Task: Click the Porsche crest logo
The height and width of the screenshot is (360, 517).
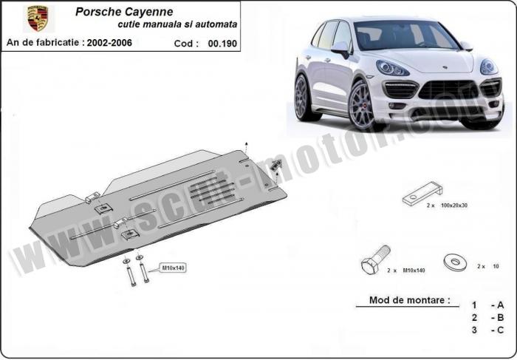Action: pos(38,18)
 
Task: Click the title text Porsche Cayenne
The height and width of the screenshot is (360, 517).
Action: pos(124,12)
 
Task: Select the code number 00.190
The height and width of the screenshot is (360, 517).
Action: pos(222,44)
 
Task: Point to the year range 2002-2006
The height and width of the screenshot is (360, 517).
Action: pos(109,43)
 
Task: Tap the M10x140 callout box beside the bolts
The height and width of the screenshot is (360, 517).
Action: pos(173,268)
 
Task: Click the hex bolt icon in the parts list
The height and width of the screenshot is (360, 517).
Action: pos(375,259)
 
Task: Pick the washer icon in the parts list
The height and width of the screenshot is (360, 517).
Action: pos(456,262)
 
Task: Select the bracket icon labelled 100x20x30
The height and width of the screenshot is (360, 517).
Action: pos(422,194)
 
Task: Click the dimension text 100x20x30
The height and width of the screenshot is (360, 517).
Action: pos(454,206)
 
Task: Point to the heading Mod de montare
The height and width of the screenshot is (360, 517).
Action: pos(409,300)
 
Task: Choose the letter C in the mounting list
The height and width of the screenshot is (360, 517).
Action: pos(500,330)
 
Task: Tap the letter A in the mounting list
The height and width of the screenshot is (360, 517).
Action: pos(500,305)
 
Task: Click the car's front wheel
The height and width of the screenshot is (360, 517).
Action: pos(362,105)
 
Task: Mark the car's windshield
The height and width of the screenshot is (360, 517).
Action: pos(405,35)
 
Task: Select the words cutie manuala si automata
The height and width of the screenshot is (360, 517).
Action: pos(177,24)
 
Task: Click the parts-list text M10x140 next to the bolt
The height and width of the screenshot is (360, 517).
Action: pos(414,271)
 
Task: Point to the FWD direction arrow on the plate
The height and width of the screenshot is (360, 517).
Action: pos(275,164)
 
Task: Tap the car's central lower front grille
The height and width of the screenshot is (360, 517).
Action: pos(448,90)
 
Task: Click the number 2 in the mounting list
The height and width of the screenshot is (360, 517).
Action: pos(474,317)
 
